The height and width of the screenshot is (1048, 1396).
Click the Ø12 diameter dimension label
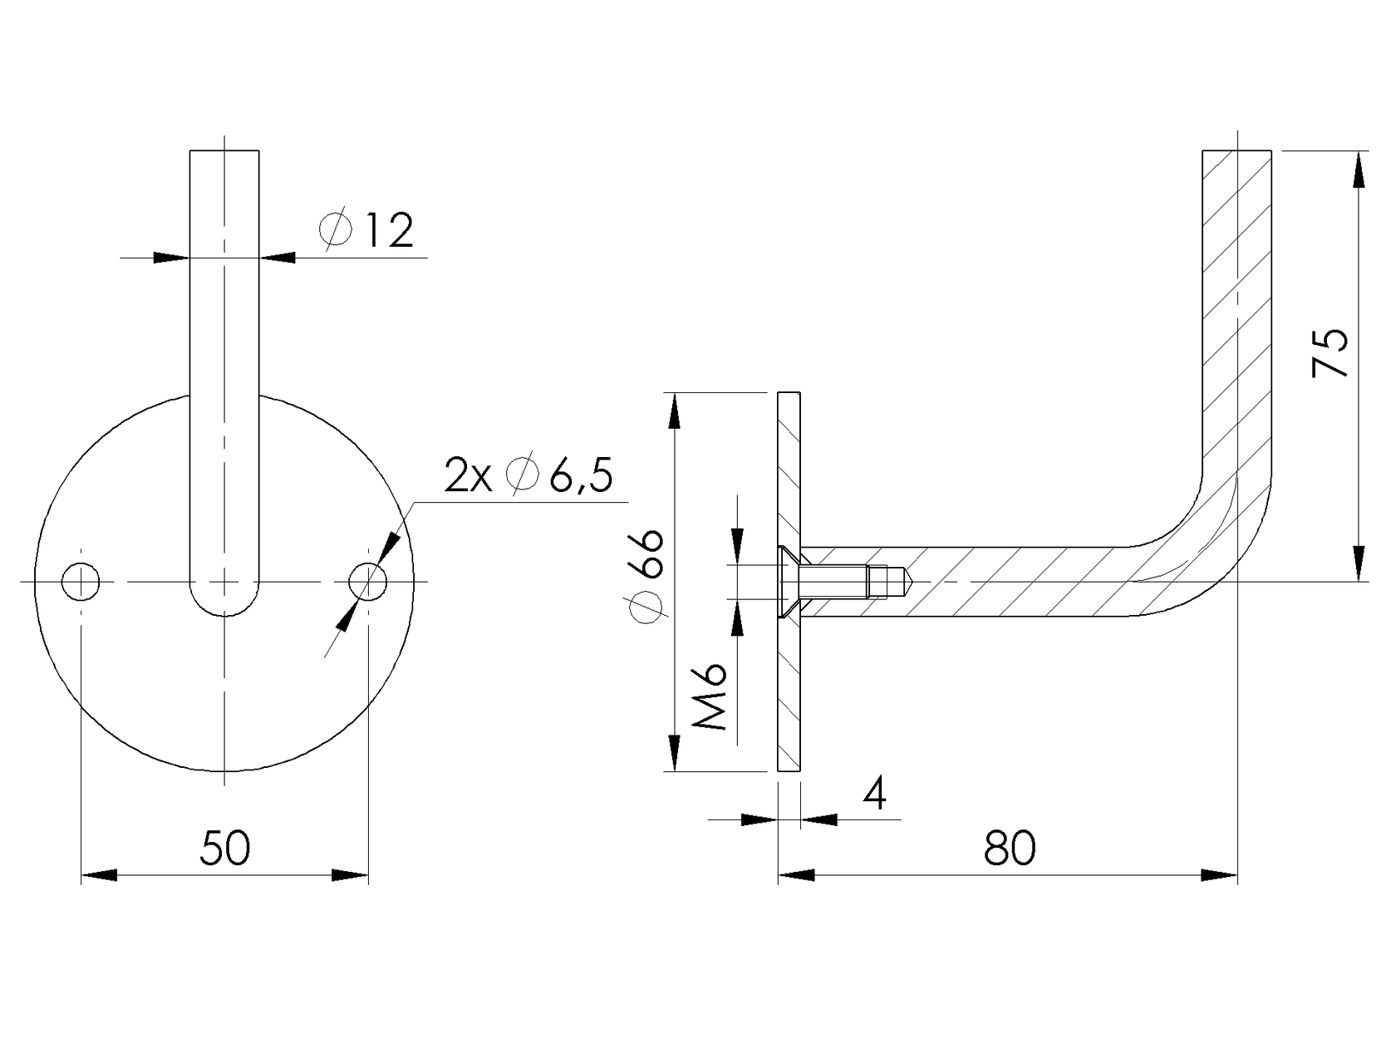(366, 231)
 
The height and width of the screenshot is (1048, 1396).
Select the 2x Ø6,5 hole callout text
(529, 476)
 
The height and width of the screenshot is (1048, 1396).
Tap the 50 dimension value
(225, 848)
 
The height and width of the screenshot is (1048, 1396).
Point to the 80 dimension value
(1010, 848)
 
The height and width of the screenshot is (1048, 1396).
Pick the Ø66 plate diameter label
(647, 574)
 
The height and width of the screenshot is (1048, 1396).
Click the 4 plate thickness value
(874, 795)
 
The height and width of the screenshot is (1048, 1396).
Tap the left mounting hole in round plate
(81, 581)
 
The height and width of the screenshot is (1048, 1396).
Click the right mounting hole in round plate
(367, 581)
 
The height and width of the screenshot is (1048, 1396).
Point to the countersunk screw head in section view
(787, 582)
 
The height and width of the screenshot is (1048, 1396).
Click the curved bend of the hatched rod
(1221, 540)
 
